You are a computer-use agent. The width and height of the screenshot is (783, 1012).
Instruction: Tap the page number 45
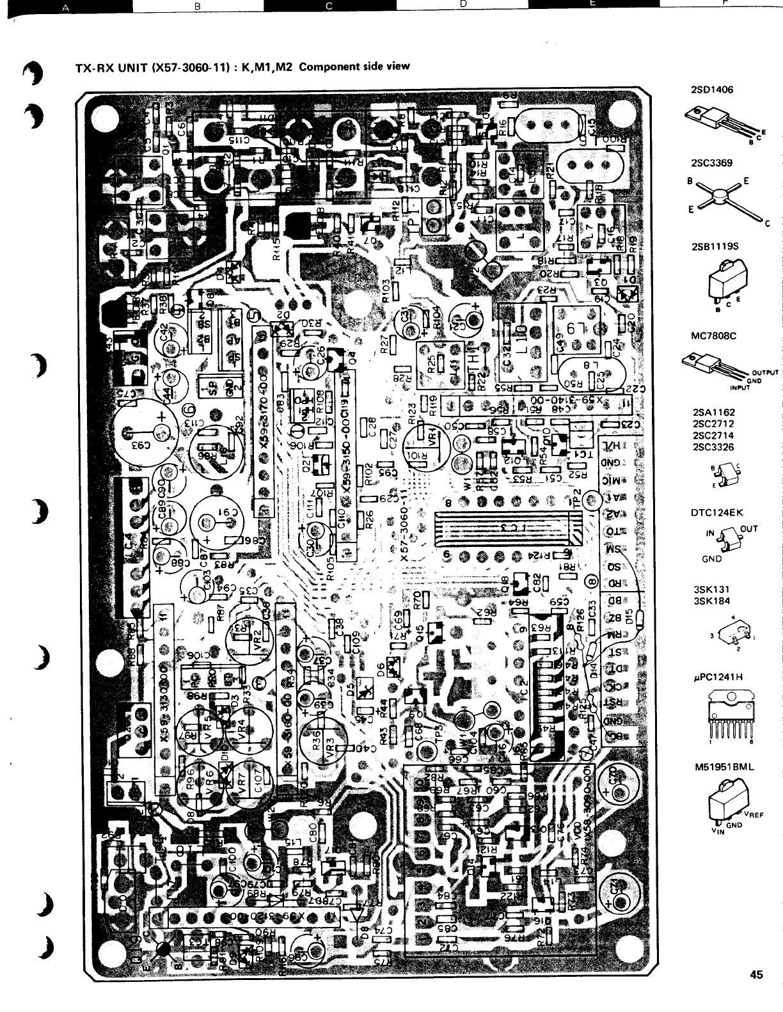[757, 975]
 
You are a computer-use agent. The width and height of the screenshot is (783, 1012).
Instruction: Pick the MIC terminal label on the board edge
[615, 480]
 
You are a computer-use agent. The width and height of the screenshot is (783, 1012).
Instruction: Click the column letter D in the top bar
[462, 4]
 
